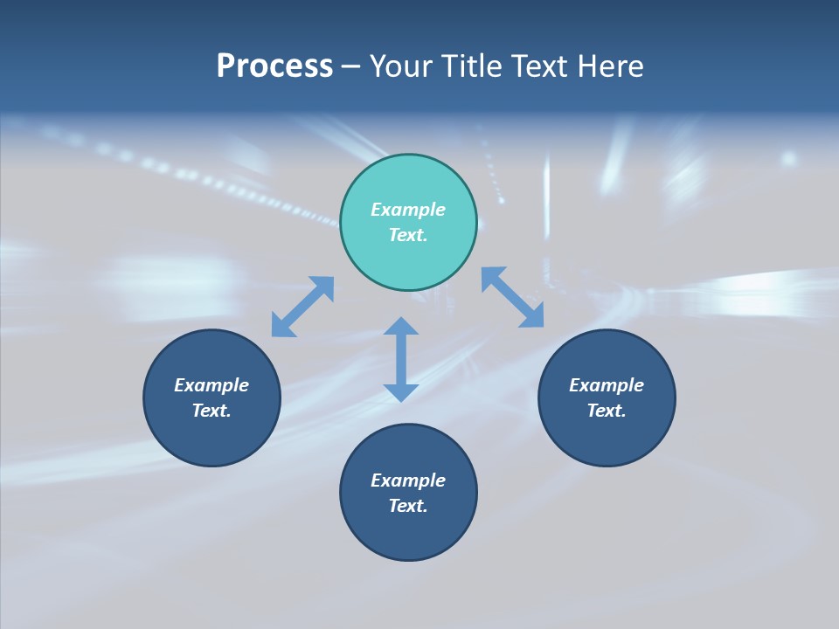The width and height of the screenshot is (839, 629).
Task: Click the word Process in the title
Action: coord(274,66)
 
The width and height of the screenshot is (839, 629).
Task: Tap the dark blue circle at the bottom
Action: coord(408,533)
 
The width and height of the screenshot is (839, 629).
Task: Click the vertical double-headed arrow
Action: coord(401,359)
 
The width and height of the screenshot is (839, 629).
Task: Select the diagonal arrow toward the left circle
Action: coord(302,307)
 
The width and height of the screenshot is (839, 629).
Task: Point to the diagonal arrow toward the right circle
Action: coord(513,297)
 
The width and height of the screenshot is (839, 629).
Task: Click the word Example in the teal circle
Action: coord(408,210)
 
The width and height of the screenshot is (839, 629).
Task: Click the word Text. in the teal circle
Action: coord(408,235)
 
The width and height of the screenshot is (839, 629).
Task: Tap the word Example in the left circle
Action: coord(211,385)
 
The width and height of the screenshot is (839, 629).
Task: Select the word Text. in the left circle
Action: coord(211,411)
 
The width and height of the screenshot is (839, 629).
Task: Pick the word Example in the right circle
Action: coord(607,385)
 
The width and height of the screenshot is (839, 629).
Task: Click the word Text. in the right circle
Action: coord(607,411)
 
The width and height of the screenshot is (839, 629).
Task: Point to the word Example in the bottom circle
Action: coord(408,480)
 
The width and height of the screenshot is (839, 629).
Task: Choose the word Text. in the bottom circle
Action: coord(408,506)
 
